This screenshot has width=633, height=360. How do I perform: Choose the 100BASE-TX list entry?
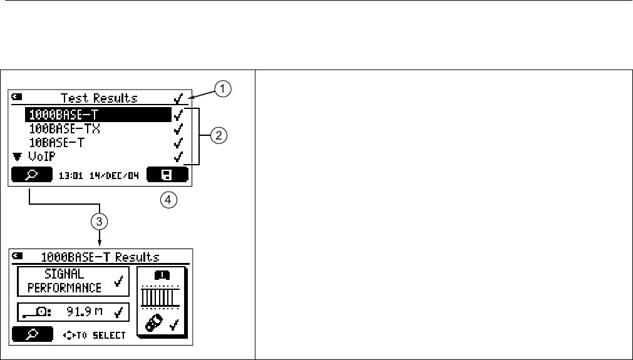[x=65, y=128]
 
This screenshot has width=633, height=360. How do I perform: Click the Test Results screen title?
[x=98, y=98]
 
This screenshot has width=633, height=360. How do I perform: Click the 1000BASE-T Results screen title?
[x=100, y=257]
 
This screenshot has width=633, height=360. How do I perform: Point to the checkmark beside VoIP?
[x=178, y=156]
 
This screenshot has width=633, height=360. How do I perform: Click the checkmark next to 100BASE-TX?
[x=178, y=128]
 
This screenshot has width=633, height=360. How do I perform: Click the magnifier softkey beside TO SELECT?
[x=29, y=334]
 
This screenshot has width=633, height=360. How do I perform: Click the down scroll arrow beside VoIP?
[x=16, y=157]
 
